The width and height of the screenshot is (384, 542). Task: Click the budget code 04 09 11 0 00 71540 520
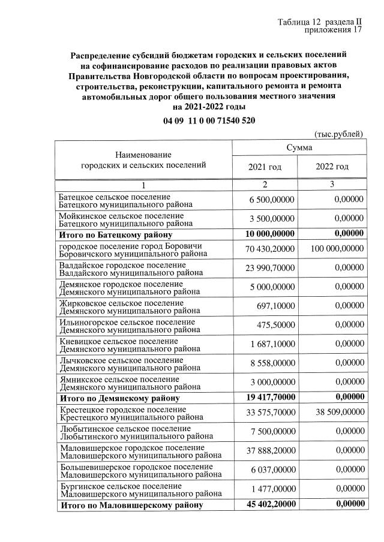(209, 121)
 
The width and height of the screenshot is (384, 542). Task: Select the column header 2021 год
(264, 166)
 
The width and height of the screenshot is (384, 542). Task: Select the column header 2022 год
(332, 166)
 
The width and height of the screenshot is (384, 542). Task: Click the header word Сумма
(298, 147)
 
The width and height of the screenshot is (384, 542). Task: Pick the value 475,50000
(276, 325)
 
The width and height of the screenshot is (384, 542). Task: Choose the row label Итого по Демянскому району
(119, 397)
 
